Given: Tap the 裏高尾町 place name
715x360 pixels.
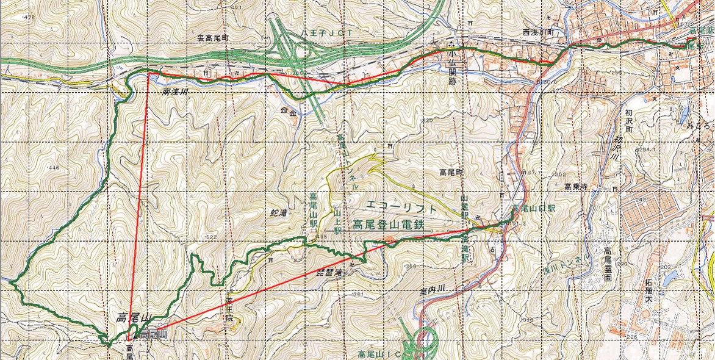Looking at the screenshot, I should point(212,37).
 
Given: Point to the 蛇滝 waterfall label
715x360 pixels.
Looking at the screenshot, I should point(278,214).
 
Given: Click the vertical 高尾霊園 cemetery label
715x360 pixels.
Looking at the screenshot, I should point(607,264).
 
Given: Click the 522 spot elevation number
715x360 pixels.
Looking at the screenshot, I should point(212,237).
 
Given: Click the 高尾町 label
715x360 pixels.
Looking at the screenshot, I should point(451,173).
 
